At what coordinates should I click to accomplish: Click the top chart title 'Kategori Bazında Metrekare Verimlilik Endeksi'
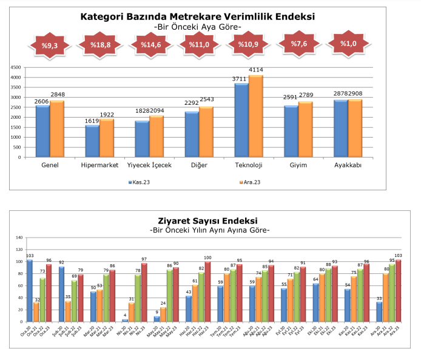tap(198, 16)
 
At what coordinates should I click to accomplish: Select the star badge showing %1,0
tap(348, 44)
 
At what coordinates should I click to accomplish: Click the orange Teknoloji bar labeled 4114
tap(256, 115)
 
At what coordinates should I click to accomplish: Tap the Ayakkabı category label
tap(348, 165)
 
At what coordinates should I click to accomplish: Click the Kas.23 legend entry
tap(140, 181)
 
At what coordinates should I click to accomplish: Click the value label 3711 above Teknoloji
tap(240, 79)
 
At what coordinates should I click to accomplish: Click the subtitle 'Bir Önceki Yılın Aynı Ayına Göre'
tap(209, 230)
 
